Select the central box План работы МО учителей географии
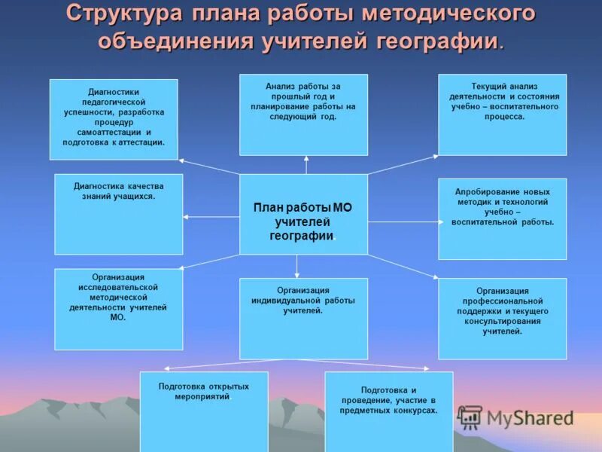pos(303,215)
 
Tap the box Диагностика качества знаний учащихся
pos(118,215)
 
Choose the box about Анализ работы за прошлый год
pos(303,114)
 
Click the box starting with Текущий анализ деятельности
pos(502,114)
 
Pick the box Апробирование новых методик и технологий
pos(502,218)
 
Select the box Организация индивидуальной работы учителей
pos(303,318)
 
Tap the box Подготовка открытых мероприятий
pos(203,411)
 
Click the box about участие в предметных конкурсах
pos(388,411)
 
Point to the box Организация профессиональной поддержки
pos(502,318)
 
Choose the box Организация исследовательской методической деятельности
pos(118,309)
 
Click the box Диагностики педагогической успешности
pos(114,119)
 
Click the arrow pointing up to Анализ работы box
pos(306,164)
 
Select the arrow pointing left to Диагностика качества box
pos(211,217)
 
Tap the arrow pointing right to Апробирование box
pos(403,221)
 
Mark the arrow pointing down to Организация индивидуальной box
pos(296,266)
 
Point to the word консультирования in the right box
pos(502,321)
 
